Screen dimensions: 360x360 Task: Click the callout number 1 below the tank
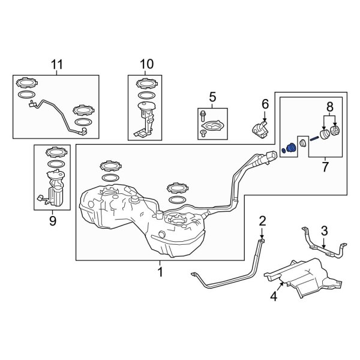[x=160, y=272]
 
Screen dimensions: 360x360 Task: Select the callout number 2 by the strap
[x=262, y=221]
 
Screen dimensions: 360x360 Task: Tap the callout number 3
[x=324, y=230]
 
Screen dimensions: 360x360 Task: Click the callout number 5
[x=212, y=96]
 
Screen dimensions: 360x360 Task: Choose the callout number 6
[x=265, y=104]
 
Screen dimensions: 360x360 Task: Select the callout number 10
[x=146, y=64]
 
